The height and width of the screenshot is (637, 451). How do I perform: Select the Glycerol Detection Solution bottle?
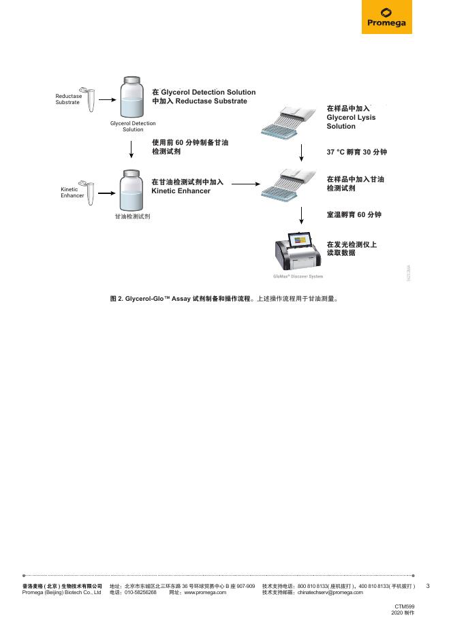[132, 99]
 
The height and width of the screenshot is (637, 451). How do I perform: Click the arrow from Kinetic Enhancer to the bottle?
[107, 193]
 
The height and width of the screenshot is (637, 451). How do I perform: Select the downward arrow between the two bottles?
[132, 149]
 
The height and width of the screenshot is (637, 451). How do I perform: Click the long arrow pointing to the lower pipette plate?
[243, 183]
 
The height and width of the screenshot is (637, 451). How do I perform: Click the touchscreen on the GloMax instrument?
[300, 240]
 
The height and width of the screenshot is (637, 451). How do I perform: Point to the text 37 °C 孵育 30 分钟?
[356, 152]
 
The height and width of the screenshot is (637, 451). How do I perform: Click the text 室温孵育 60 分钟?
[354, 215]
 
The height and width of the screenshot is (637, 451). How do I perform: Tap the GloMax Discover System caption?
[298, 276]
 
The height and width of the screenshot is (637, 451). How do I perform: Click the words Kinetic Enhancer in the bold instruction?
[181, 191]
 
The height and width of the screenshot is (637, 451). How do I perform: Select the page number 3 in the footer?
[428, 586]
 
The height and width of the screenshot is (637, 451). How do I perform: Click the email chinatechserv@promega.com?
[330, 593]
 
